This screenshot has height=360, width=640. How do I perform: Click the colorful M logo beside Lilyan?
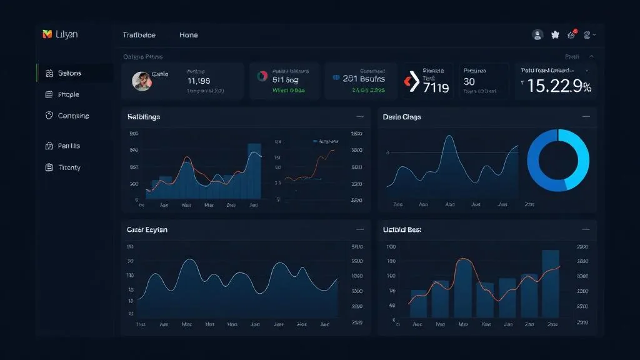[x=46, y=34]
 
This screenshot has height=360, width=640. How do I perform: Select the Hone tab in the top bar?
[x=188, y=35]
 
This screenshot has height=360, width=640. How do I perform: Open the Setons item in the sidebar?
[x=69, y=73]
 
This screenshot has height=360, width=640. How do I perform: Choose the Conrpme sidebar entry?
[x=73, y=116]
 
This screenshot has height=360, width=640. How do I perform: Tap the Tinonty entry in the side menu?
[x=69, y=167]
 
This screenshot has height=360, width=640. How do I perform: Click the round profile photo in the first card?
[x=141, y=81]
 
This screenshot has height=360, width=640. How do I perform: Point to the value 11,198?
[x=198, y=81]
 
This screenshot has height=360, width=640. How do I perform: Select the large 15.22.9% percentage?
[x=559, y=87]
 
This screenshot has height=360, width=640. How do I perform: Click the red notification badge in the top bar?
[x=575, y=31]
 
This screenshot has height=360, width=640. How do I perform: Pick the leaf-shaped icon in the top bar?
[x=554, y=36]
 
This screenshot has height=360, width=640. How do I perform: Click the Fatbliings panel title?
[x=143, y=117]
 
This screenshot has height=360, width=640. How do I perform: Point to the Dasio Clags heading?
[x=401, y=117]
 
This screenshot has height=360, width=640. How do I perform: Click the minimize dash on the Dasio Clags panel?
[x=586, y=117]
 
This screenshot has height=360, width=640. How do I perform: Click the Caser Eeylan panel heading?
[x=147, y=230]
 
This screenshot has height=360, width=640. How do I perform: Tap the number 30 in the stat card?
[x=469, y=82]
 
